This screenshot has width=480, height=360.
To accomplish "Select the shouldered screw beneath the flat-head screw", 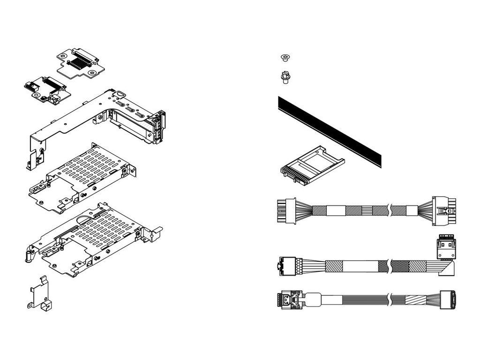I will [x=284, y=77].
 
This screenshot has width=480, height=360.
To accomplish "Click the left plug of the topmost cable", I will [x=286, y=210].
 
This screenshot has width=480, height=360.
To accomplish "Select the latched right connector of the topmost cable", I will [x=444, y=210].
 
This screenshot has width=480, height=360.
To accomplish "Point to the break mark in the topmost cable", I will [x=390, y=210].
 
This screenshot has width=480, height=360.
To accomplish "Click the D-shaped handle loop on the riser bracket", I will [x=120, y=93].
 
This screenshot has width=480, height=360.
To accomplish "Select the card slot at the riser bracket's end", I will [x=158, y=127].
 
